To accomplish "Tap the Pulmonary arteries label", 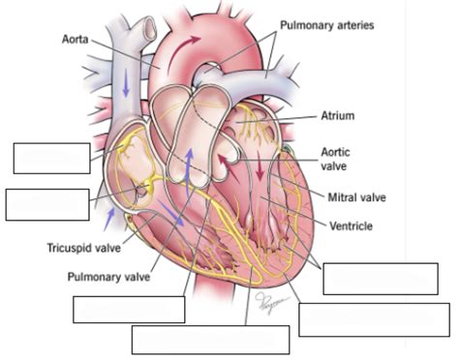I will pyautogui.click(x=327, y=24).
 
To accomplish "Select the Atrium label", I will pyautogui.click(x=338, y=115).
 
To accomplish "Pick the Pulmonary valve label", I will pyautogui.click(x=107, y=276).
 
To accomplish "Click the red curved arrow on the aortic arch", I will pyautogui.click(x=190, y=45).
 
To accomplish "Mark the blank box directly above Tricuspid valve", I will pyautogui.click(x=47, y=205).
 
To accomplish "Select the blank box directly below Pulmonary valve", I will pyautogui.click(x=129, y=309).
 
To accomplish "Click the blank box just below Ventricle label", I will pyautogui.click(x=380, y=278).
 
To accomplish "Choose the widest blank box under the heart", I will pyautogui.click(x=210, y=340).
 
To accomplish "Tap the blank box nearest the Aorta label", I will pyautogui.click(x=52, y=158).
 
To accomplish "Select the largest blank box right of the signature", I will pyautogui.click(x=374, y=319).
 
